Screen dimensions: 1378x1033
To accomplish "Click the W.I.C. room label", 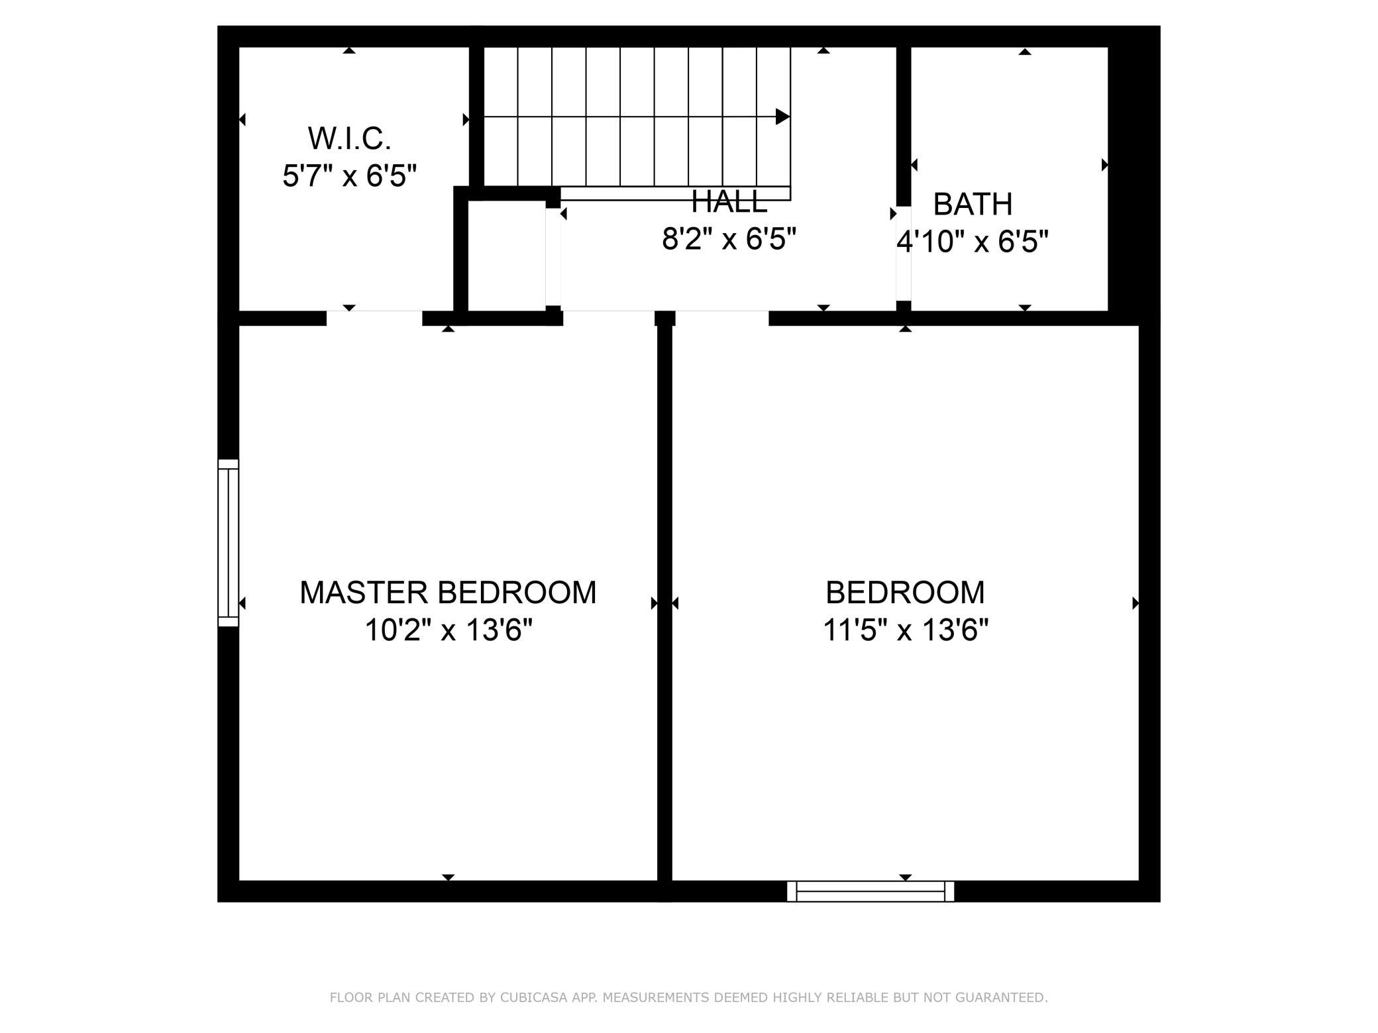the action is click(x=349, y=138).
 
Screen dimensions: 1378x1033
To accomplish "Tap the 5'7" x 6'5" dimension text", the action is click(x=350, y=176).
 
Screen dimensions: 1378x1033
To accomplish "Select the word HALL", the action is click(x=729, y=201).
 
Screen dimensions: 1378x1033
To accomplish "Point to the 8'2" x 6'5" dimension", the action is click(x=729, y=238).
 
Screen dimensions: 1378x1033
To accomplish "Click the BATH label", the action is click(x=973, y=204).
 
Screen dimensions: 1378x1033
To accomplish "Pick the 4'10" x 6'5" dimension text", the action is click(x=973, y=242).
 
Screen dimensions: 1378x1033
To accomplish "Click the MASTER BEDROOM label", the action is click(x=448, y=592).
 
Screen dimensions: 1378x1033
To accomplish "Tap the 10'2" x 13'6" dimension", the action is click(x=449, y=630).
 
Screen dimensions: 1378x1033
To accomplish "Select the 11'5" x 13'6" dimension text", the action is click(x=906, y=630).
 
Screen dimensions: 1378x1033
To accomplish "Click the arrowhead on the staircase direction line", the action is click(x=783, y=117).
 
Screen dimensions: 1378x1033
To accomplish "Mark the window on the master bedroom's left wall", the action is click(x=228, y=543).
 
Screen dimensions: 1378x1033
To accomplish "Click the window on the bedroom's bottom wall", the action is click(x=871, y=891).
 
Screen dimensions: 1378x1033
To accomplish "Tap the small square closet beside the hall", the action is click(x=507, y=254).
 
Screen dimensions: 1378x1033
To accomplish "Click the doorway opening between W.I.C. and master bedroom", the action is click(x=374, y=318).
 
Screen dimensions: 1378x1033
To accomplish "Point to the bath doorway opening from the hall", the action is click(x=904, y=254).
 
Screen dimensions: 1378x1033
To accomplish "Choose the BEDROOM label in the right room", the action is click(x=905, y=592).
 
